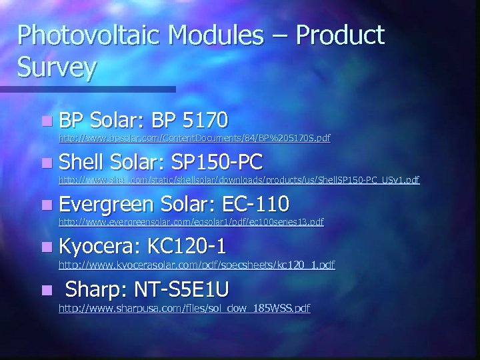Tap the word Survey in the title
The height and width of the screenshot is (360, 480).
(58, 67)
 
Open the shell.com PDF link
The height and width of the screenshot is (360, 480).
(239, 179)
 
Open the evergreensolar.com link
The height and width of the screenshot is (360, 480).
(191, 221)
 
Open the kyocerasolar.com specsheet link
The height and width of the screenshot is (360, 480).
(197, 265)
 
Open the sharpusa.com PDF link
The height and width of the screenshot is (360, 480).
(185, 308)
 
